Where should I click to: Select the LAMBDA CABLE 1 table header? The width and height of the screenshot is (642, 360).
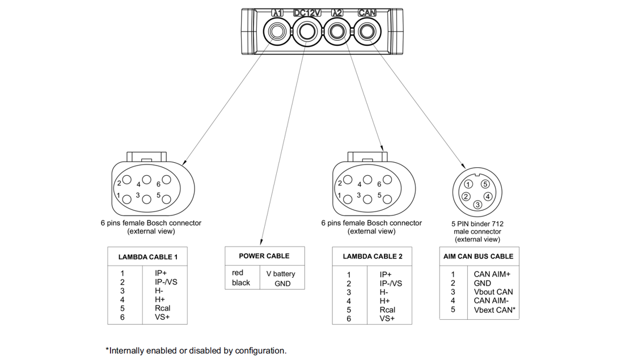tap(147, 257)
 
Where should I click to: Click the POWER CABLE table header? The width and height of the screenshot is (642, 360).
tap(264, 256)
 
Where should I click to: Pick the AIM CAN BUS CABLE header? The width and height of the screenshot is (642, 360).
tap(478, 256)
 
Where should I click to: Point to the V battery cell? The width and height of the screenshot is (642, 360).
tap(281, 274)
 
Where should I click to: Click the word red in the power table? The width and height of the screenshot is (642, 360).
tap(238, 273)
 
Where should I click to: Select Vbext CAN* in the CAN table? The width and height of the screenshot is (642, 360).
tap(494, 310)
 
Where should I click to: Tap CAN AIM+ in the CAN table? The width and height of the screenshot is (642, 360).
tap(492, 274)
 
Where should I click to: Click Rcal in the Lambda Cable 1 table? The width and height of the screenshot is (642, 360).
tap(163, 308)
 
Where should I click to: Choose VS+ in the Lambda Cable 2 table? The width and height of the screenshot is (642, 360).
tap(387, 319)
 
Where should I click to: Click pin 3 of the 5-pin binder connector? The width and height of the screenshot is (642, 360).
tap(478, 205)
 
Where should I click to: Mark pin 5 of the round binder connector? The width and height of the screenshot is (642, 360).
tap(485, 184)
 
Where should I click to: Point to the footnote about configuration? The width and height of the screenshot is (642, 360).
tap(196, 350)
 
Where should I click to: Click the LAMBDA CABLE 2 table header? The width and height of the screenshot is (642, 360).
tap(373, 256)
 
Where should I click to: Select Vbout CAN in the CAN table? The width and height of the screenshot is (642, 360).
tap(493, 292)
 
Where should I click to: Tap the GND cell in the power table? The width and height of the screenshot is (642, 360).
tap(282, 283)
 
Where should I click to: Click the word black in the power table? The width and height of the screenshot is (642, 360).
tap(241, 282)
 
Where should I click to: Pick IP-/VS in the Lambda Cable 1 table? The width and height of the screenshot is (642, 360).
tap(166, 282)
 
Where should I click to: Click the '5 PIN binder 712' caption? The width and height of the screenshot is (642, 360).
tap(478, 224)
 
